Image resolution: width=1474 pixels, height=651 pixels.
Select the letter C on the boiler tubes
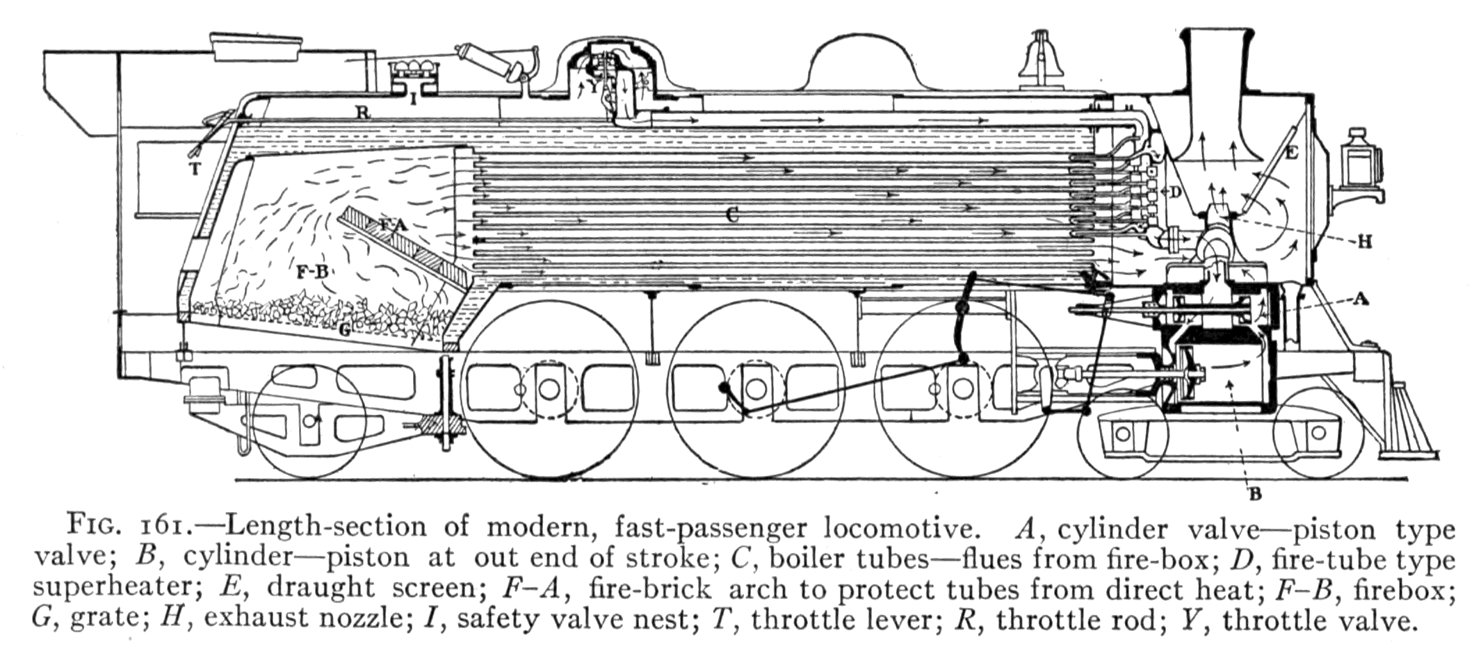click(731, 215)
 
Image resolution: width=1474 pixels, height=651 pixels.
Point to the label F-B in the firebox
click(312, 272)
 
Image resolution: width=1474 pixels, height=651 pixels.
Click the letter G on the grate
click(343, 330)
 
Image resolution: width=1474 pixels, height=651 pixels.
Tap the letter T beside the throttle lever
click(195, 168)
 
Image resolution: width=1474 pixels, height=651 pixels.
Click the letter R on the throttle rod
click(362, 111)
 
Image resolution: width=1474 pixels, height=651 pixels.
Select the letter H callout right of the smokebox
click(1365, 242)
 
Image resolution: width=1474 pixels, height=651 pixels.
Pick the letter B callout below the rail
click(1255, 495)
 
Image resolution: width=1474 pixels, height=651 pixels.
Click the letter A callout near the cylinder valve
click(1361, 299)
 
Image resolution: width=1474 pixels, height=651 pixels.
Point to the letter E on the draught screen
click(1291, 153)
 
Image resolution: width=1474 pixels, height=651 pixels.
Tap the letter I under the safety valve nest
click(414, 100)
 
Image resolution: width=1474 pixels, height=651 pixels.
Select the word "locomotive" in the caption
click(896, 528)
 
